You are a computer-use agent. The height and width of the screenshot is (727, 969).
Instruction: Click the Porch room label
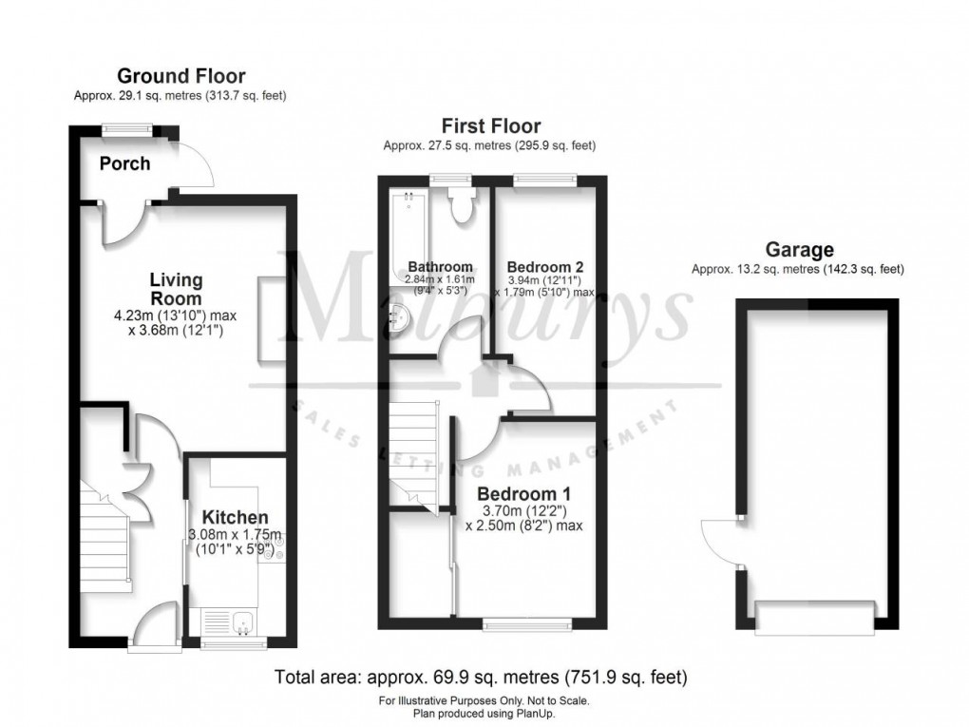coord(124,163)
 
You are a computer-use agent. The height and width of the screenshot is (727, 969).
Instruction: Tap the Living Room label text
coord(176,288)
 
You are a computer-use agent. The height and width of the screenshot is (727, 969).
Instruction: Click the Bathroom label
coord(440,266)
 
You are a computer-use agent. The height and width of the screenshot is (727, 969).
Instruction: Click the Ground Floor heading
coord(180,76)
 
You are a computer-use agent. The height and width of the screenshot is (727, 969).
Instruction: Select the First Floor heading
coord(490,125)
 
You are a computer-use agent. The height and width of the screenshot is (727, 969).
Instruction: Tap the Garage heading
coord(800,250)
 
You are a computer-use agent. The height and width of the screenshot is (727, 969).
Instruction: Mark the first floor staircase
coord(411,451)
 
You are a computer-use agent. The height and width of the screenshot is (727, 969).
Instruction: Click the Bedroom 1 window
coord(526,624)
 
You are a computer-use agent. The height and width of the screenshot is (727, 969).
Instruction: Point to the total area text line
coord(481,678)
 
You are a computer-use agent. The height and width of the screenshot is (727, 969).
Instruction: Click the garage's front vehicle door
coord(813,618)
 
